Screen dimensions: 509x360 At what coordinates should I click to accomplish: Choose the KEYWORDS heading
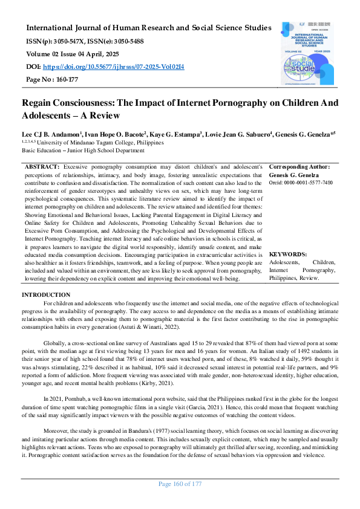pos(287,254)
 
